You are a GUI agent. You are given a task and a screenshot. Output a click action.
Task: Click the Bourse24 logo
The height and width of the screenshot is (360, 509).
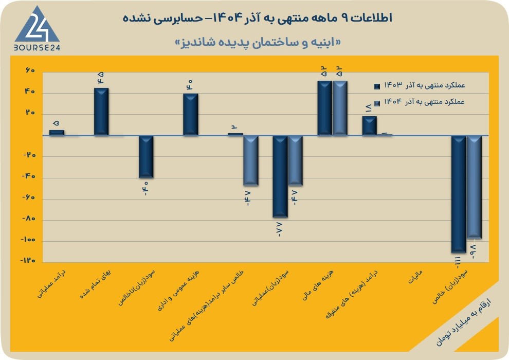point(37,29)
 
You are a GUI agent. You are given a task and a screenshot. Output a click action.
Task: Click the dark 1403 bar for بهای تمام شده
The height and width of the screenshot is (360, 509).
point(101,112)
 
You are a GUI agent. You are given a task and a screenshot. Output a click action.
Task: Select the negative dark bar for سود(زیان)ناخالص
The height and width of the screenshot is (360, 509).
point(146,157)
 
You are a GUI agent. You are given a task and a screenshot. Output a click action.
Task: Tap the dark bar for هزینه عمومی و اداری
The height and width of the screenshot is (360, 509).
point(191,114)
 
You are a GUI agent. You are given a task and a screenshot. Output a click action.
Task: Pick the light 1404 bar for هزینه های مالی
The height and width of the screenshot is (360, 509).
point(340,108)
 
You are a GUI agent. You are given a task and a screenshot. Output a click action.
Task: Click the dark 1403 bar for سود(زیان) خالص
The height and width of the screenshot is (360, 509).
point(459,194)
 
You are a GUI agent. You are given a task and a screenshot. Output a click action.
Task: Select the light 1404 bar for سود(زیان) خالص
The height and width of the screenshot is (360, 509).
point(474,187)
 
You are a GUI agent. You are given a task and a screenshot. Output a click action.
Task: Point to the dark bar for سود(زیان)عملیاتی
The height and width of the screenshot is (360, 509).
point(280,176)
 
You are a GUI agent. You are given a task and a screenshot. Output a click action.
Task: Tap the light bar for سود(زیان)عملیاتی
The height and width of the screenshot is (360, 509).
point(295,160)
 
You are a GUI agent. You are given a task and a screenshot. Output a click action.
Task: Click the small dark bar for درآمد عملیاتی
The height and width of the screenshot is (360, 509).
point(57,133)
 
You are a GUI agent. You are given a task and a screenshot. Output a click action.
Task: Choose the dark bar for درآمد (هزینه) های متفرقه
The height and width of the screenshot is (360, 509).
point(370,125)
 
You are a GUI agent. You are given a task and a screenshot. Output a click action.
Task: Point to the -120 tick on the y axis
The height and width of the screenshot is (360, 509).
point(28,261)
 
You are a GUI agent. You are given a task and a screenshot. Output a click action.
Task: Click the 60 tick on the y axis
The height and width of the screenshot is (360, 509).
point(30,71)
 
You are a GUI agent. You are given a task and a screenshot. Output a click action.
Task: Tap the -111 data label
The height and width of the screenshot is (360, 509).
point(458,262)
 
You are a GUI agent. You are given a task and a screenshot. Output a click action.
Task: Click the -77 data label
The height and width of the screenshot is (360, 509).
point(279,229)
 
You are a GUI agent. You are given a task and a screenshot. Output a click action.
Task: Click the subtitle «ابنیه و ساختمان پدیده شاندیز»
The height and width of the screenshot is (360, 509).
point(258,43)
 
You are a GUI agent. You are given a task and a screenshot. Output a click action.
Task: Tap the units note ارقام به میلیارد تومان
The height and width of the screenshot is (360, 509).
point(463,322)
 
